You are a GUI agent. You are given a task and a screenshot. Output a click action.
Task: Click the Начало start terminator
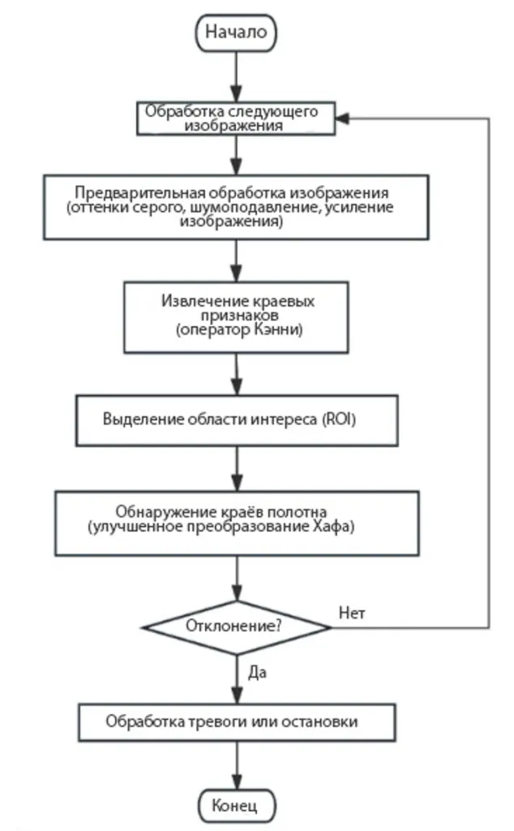click(236, 32)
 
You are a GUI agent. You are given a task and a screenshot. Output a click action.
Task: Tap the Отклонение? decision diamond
click(236, 626)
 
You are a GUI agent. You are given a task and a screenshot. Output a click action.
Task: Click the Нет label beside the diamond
click(352, 613)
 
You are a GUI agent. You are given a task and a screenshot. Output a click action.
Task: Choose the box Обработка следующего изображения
click(236, 118)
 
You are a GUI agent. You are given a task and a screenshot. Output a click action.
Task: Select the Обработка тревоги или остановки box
click(236, 721)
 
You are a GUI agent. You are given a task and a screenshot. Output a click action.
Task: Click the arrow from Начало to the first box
click(236, 77)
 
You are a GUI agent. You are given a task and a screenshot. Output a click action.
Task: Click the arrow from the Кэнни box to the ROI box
click(236, 374)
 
